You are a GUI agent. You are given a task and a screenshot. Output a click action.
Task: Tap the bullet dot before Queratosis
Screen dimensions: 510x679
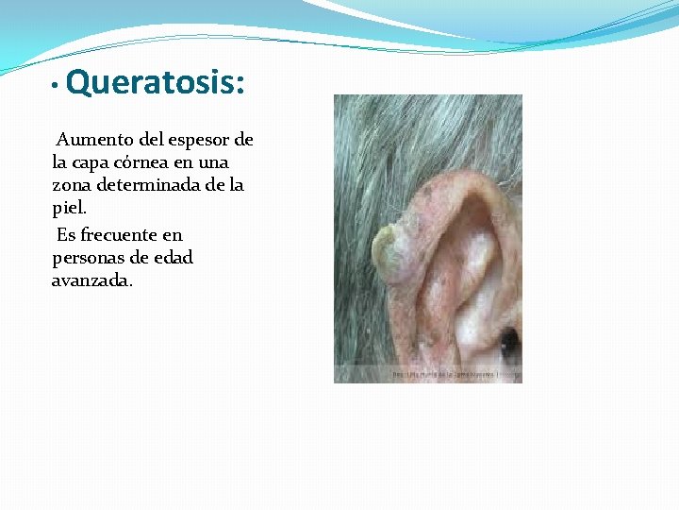[x=57, y=87]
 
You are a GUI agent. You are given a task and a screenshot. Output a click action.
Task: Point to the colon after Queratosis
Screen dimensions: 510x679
[x=240, y=85]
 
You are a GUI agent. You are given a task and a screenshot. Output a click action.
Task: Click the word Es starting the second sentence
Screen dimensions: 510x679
[x=66, y=235]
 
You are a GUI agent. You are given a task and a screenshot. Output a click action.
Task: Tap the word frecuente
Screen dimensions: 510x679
[x=122, y=235]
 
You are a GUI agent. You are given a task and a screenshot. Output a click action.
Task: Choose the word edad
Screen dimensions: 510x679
[x=173, y=258]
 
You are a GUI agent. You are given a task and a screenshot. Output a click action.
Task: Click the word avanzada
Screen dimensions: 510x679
[x=92, y=280]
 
